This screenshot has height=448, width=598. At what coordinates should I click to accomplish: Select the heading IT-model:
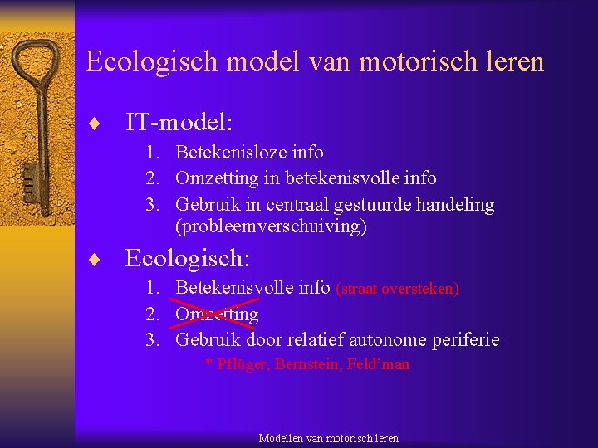179,123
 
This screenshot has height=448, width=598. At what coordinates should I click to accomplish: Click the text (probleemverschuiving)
271,226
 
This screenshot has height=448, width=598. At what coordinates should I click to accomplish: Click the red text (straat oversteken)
397,289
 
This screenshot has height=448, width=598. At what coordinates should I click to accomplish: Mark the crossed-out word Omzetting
217,314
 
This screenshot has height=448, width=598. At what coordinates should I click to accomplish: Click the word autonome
397,339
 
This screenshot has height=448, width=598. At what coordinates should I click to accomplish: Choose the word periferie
468,339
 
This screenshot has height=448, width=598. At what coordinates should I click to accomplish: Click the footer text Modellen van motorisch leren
328,438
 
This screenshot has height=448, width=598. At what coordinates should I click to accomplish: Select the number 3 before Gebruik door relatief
152,340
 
